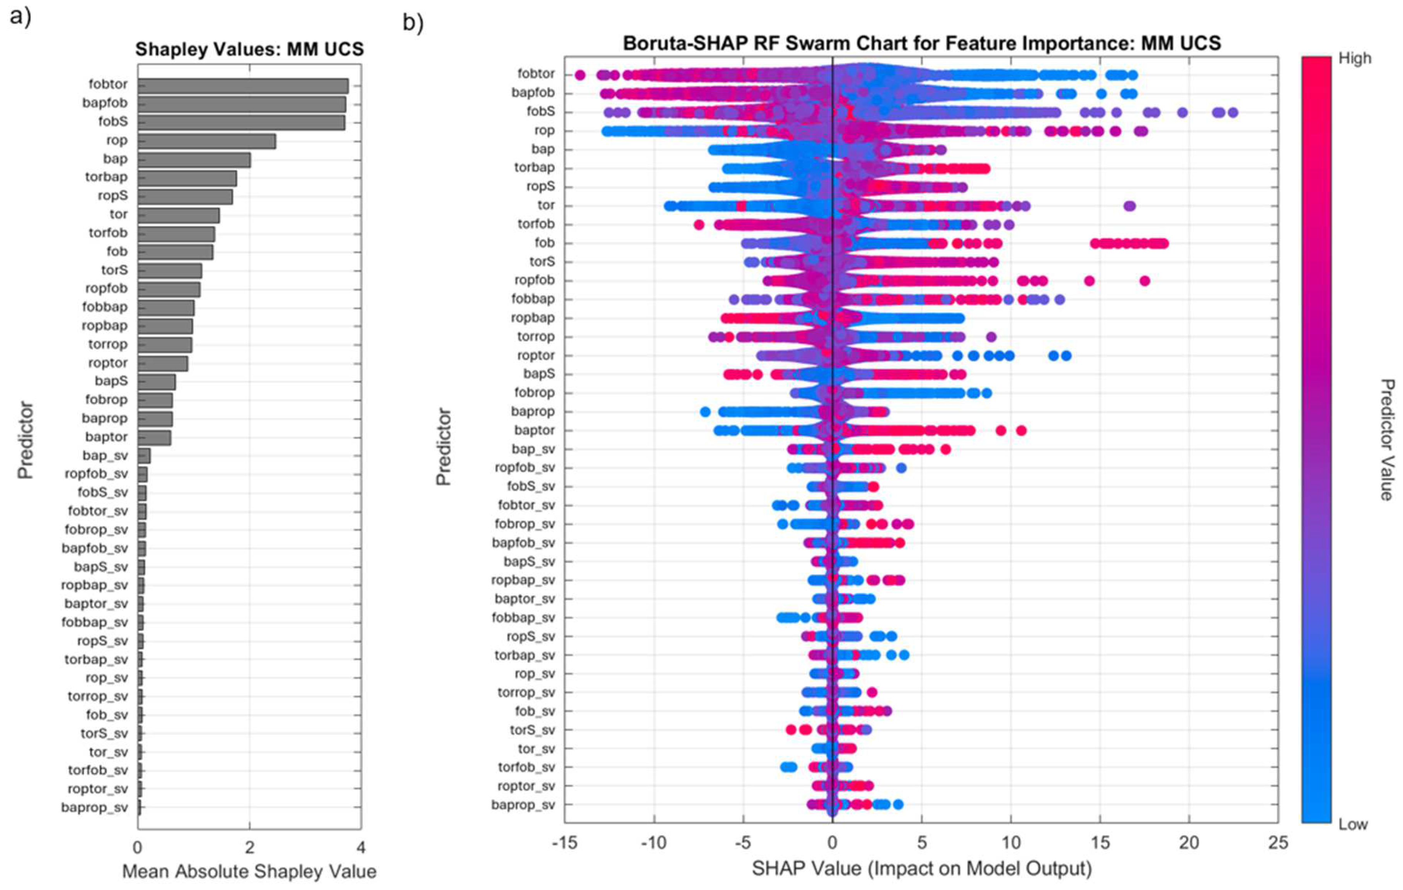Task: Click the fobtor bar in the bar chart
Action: [243, 86]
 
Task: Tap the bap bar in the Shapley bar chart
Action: [194, 160]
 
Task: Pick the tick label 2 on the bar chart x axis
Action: [249, 847]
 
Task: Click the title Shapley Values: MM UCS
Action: [249, 49]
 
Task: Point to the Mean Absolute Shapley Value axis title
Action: [249, 872]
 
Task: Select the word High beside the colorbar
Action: [1355, 59]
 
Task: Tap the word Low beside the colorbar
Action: [1352, 825]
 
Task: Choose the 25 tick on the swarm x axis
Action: [1278, 843]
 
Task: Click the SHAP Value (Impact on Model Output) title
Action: [921, 868]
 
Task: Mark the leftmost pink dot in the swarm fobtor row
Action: [580, 75]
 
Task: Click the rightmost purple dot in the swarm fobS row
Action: [1232, 113]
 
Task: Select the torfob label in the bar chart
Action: [108, 233]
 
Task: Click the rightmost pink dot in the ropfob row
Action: [1144, 281]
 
